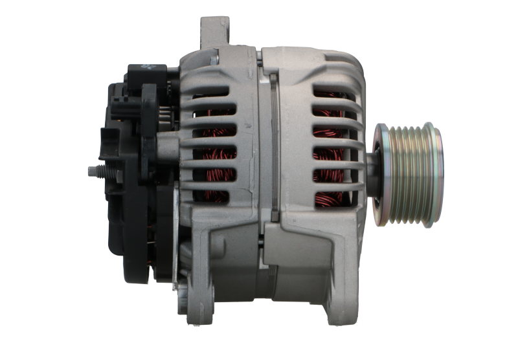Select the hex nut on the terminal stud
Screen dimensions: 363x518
pyautogui.click(x=106, y=172)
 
